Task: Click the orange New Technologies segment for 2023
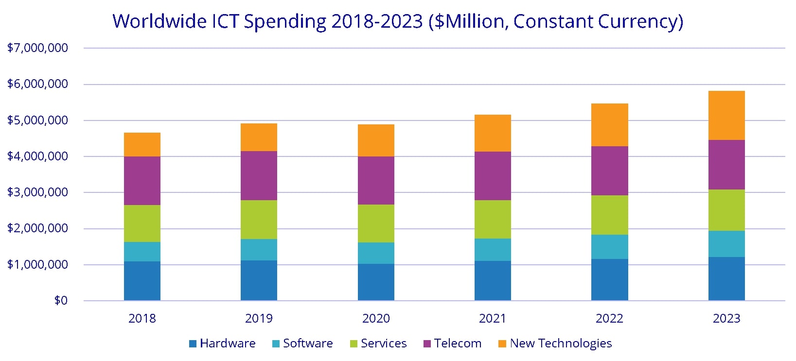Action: (x=726, y=115)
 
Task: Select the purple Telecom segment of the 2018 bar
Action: (x=142, y=181)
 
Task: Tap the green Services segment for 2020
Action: (x=376, y=223)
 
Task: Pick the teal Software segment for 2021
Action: (x=493, y=250)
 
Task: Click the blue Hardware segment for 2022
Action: (x=609, y=280)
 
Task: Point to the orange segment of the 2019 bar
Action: (x=259, y=137)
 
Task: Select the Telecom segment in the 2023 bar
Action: (x=726, y=165)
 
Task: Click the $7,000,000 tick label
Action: (x=37, y=48)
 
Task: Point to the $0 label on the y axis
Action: (x=61, y=301)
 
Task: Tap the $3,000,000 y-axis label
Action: (x=37, y=192)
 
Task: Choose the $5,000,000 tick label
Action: (x=37, y=120)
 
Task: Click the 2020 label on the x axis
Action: (x=376, y=319)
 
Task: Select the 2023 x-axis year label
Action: (x=726, y=319)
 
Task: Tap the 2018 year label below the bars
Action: (x=142, y=319)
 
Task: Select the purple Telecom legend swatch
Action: (x=427, y=344)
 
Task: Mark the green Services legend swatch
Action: (x=354, y=344)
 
